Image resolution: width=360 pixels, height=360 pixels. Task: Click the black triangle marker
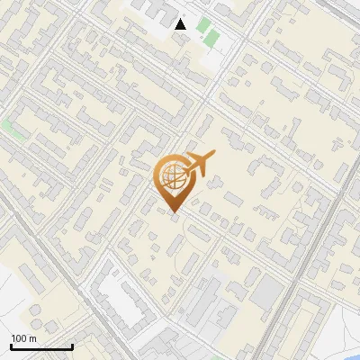(181, 24)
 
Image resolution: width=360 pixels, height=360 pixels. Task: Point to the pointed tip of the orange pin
(172, 212)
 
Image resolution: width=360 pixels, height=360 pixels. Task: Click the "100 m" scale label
(23, 337)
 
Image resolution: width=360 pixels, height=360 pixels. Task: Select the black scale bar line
(41, 346)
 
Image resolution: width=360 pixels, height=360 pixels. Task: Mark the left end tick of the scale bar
(11, 346)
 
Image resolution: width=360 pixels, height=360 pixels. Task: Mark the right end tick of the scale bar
(72, 346)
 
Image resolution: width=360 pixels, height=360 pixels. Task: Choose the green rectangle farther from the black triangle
(212, 39)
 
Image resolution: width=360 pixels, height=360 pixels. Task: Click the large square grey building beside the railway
(267, 291)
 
